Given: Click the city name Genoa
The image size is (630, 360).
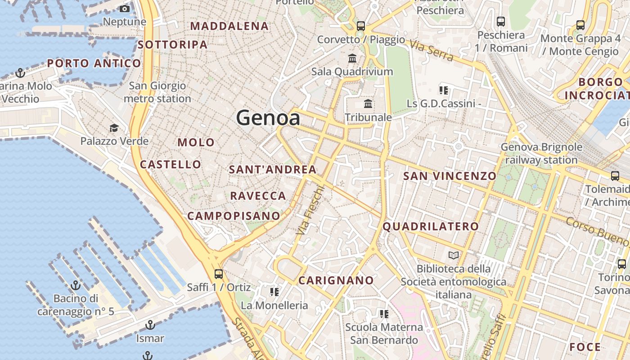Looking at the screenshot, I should click(x=268, y=118).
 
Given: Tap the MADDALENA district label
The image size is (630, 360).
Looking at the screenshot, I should click(x=229, y=26).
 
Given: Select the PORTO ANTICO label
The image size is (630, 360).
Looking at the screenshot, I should click(x=94, y=63).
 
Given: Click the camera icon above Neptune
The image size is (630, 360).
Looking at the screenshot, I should click(x=125, y=9).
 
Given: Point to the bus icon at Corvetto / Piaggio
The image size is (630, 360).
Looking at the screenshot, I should click(x=360, y=26).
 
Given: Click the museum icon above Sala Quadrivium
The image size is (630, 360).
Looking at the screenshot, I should click(x=352, y=58).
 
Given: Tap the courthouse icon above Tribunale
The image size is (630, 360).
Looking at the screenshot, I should click(x=368, y=104).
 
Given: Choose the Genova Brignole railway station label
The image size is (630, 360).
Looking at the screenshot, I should click(x=541, y=153).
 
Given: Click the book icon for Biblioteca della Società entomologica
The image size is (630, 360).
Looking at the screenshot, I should click(x=454, y=256).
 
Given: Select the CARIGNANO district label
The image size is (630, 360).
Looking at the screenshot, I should click(x=337, y=280).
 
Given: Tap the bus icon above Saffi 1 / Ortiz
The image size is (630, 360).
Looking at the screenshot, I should click(x=219, y=274).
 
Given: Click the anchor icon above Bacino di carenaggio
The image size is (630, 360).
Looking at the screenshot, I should click(x=76, y=285).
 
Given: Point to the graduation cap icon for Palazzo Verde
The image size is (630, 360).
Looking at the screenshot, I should click(x=114, y=128).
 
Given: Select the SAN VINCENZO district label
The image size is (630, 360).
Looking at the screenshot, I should click(x=450, y=176).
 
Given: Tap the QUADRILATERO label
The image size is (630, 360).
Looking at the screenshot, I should click(x=431, y=226).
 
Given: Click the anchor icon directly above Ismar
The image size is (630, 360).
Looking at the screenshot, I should click(x=150, y=325).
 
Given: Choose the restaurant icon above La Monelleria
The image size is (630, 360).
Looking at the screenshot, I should click(x=274, y=292).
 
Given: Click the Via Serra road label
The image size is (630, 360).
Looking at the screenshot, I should click(x=431, y=50).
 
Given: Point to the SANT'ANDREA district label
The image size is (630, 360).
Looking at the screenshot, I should click(x=273, y=170).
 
